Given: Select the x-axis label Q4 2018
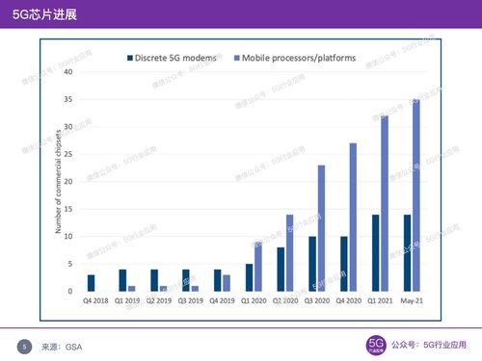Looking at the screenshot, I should click(x=94, y=301).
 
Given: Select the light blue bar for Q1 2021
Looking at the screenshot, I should click(x=385, y=203).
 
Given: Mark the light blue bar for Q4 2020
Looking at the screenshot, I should click(x=353, y=217).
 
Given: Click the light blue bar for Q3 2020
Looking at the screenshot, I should click(x=321, y=228).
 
